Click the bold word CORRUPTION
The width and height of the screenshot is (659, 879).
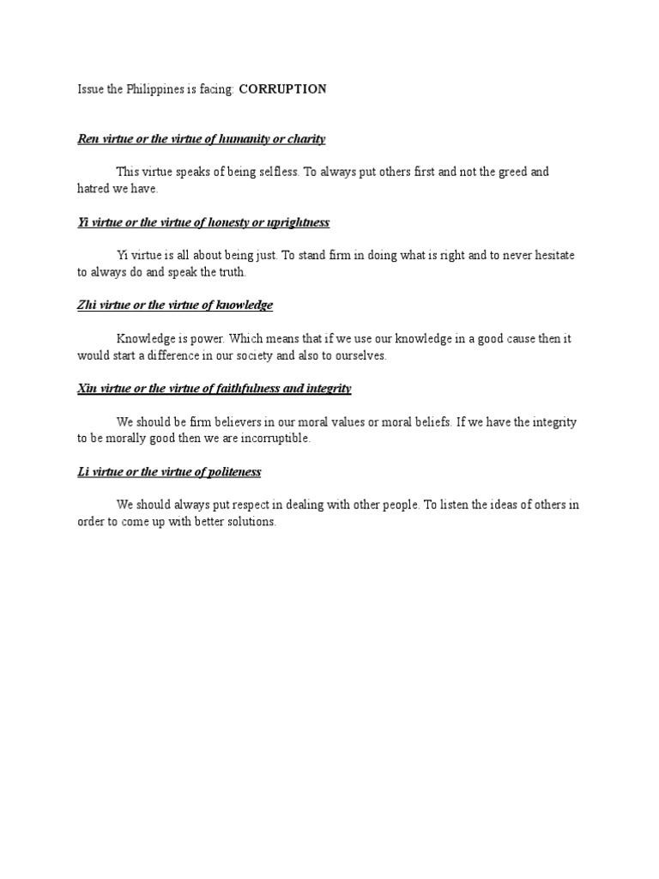click(282, 89)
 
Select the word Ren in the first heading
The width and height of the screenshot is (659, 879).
click(88, 138)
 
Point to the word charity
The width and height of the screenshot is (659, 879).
click(305, 138)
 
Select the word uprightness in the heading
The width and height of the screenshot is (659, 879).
click(294, 222)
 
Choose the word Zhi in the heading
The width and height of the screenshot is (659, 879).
click(87, 305)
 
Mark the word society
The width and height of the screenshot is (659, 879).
click(282, 355)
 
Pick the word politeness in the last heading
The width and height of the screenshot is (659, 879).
click(230, 472)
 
